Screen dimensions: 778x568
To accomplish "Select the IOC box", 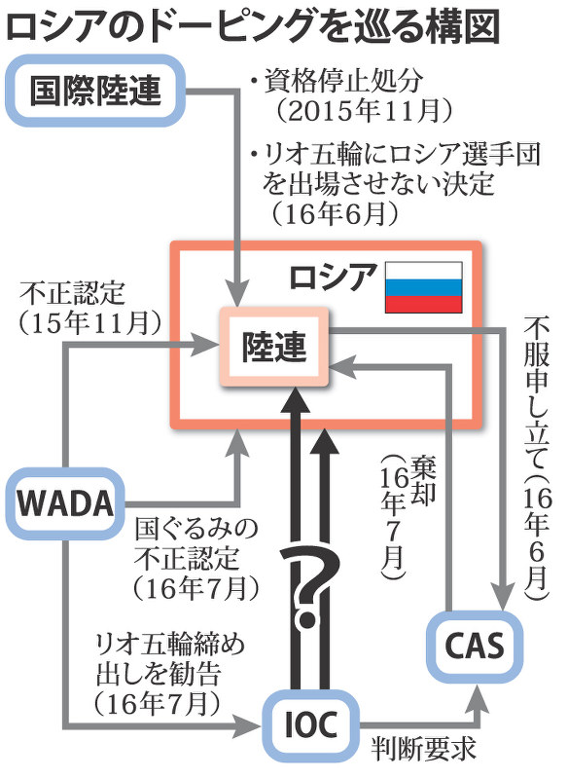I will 309,724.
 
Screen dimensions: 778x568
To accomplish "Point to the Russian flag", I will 424,287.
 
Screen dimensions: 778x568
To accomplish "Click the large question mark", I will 309,584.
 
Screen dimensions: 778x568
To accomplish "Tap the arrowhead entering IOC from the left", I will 252,725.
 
